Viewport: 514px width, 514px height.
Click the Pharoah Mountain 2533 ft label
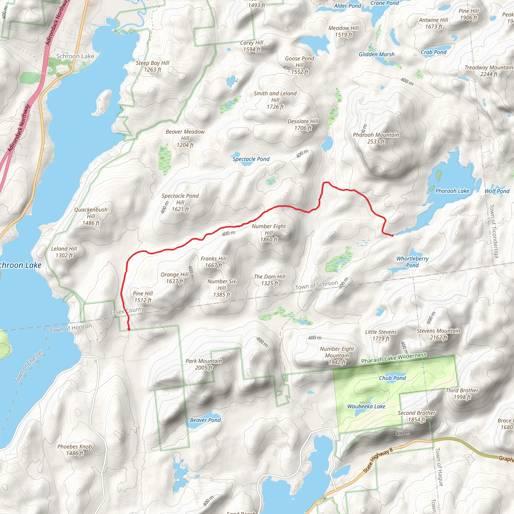tap(376, 138)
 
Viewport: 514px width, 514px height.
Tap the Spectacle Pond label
tap(251, 159)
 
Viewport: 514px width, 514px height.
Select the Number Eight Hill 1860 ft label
tap(269, 233)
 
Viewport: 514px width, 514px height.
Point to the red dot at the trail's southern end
tap(129, 329)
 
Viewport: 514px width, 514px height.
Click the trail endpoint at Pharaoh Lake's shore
tap(393, 235)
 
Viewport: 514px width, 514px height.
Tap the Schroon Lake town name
tap(75, 56)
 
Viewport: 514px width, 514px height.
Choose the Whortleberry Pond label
tap(412, 262)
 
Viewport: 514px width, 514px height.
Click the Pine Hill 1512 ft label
tap(143, 297)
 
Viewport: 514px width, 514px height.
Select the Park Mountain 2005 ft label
tap(204, 364)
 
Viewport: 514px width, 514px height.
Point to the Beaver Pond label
tap(205, 420)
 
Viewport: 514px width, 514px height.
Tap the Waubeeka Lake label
tap(366, 406)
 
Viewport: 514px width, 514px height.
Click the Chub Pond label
tap(392, 378)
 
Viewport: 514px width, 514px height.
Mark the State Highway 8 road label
tap(378, 461)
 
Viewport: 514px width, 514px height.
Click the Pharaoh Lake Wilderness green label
tap(394, 358)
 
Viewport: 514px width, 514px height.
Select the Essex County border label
tap(127, 310)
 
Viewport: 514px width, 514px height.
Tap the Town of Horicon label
tap(71, 328)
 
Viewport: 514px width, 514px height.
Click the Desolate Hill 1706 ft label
tap(303, 124)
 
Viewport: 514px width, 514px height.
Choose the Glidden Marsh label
tap(376, 54)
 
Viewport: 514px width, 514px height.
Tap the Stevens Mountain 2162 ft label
tap(438, 334)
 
